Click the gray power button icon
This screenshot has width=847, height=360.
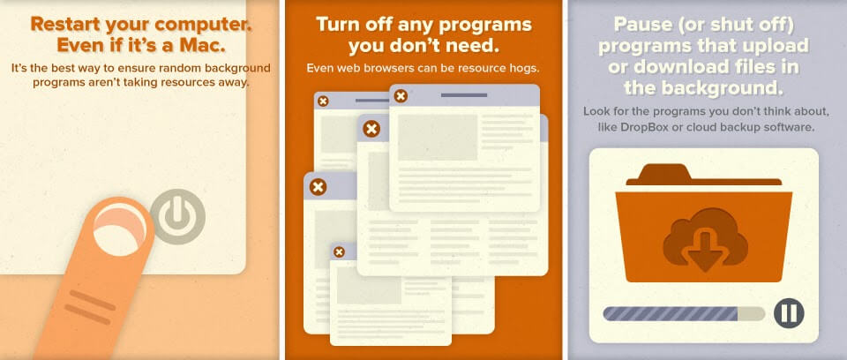(177, 217)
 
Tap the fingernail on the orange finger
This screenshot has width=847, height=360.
(120, 229)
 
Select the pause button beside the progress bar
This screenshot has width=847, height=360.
(789, 313)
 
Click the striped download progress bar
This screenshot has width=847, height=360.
(684, 313)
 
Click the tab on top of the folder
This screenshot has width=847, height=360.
(664, 173)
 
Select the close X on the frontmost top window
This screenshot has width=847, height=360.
(401, 96)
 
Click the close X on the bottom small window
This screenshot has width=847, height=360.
(339, 251)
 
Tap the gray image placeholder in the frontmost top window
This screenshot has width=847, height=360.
(438, 138)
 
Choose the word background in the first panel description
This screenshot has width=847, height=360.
(239, 69)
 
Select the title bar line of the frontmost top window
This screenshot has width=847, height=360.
(464, 95)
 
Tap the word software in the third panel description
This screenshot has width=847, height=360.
(792, 128)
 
